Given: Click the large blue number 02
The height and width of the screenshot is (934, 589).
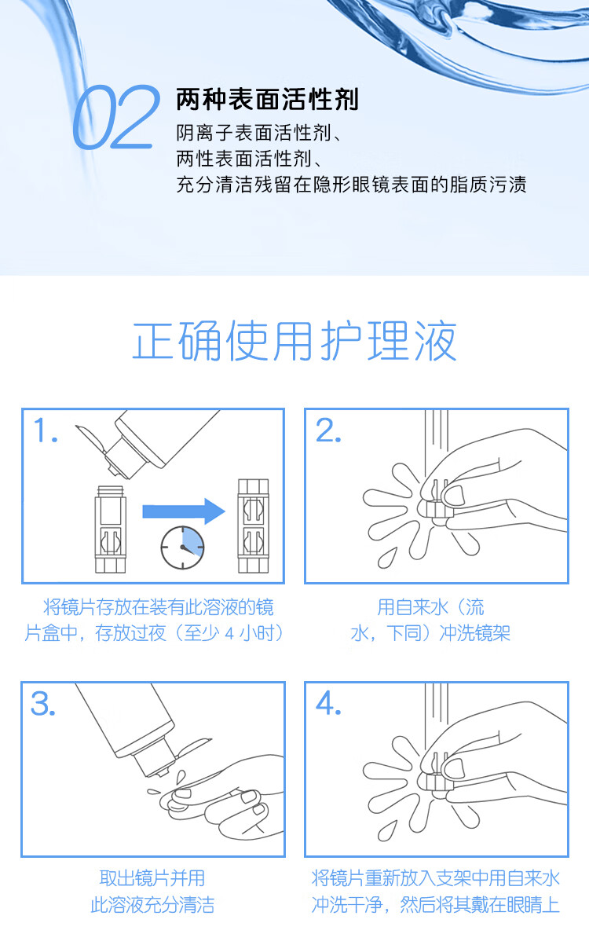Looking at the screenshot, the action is coord(117,117).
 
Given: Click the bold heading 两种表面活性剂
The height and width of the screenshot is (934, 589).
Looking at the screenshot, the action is coord(267,99).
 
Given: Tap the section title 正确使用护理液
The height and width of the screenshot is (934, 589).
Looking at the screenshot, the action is coord(294,341).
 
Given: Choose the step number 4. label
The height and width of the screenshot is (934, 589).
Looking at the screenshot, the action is coord(329,704).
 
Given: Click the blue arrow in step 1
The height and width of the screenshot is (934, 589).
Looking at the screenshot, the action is coord(184,511).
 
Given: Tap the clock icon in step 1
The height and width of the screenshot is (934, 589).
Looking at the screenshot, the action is coord(182,548).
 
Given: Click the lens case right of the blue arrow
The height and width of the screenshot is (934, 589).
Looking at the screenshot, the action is coord(253,526).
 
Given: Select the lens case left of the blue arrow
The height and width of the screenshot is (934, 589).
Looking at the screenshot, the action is coord(110,529).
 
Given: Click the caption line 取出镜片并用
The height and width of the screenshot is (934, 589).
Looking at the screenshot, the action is coord(152,878).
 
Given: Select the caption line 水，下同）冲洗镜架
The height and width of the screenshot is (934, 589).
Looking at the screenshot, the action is coord(430,632).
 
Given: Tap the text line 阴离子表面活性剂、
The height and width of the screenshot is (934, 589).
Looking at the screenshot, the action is coord(260,133).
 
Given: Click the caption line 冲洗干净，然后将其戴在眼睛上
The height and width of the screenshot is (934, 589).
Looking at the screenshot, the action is coord(436,905).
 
